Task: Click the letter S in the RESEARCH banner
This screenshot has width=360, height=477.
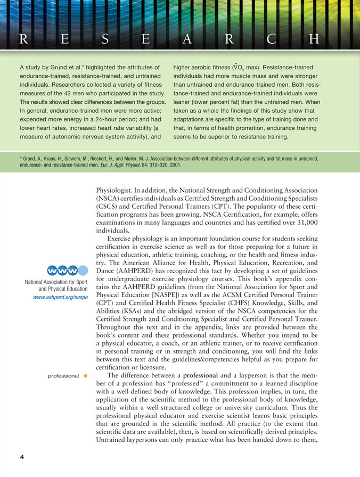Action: [x=105, y=39]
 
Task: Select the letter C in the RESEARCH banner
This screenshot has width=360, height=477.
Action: [x=272, y=39]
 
